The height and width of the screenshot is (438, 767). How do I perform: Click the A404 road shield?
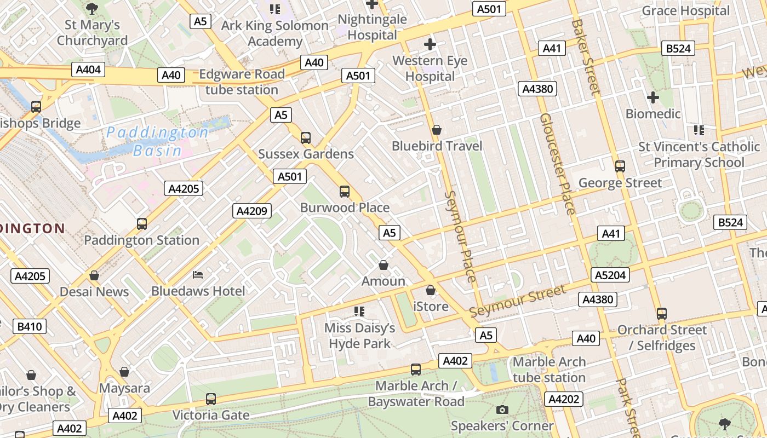[x=88, y=70]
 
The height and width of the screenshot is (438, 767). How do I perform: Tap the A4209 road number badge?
[x=252, y=211]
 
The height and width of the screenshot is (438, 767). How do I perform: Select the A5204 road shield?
[x=610, y=275]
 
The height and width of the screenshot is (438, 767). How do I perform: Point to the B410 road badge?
[x=30, y=327]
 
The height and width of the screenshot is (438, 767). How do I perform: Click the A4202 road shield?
[x=564, y=399]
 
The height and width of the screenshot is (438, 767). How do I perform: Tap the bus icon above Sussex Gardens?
[x=306, y=138]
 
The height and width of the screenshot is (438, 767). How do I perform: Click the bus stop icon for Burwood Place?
[x=345, y=192]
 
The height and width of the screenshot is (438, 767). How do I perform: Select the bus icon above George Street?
[x=620, y=166]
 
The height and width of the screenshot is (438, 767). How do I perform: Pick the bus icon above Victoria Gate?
[x=211, y=399]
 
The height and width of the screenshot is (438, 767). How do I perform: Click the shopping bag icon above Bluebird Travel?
[x=437, y=130]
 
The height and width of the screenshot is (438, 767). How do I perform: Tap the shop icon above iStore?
[x=431, y=290]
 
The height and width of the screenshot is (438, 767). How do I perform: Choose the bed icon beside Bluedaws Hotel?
[x=198, y=274]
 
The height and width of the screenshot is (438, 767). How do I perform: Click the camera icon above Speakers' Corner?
[x=502, y=410]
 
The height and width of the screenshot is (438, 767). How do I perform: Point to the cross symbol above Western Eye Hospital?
[x=430, y=44]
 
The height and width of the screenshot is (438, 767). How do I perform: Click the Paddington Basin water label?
[x=157, y=141]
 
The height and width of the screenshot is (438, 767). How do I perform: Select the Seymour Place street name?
[x=459, y=236]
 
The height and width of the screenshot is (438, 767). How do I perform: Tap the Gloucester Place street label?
[x=557, y=164]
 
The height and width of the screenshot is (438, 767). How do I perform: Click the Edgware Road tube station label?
[x=242, y=82]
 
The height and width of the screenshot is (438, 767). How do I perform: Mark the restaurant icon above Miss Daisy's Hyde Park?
[x=359, y=312]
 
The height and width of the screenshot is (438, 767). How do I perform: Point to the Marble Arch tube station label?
[x=549, y=370]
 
